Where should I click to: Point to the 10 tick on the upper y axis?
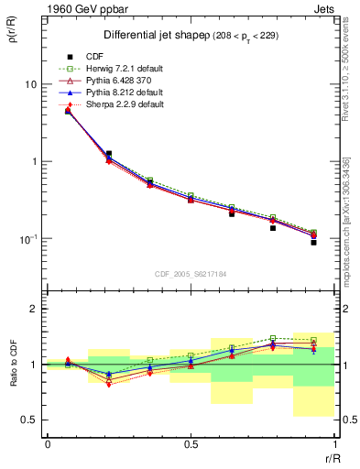pyautogui.click(x=29, y=84)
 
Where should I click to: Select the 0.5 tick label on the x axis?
pyautogui.click(x=191, y=445)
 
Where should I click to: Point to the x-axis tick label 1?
pyautogui.click(x=333, y=445)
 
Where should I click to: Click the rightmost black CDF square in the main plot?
pyautogui.click(x=313, y=242)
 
